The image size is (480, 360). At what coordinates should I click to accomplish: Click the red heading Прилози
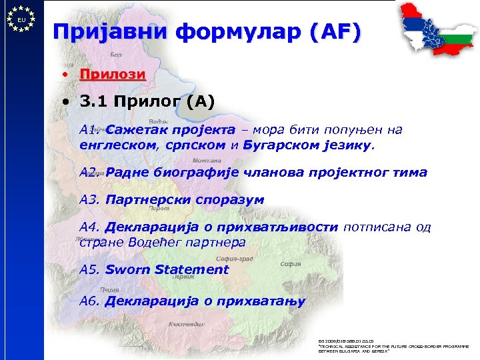tap(112, 73)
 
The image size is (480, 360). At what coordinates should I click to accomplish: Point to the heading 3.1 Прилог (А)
tap(146, 102)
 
